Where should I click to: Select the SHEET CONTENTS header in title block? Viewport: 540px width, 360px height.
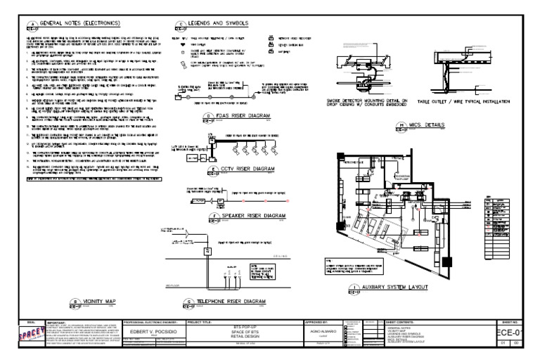[x=402, y=322]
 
